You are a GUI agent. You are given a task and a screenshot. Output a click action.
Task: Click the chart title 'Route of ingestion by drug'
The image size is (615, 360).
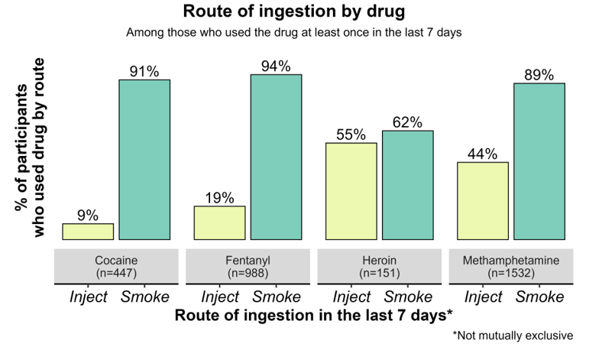tap(294, 12)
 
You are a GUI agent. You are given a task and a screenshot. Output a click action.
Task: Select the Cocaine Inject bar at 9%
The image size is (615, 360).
tap(88, 232)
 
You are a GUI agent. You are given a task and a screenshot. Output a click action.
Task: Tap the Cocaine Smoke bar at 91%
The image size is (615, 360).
tap(144, 160)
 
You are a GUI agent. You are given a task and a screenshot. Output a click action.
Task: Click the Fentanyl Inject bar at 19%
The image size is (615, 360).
tap(220, 222)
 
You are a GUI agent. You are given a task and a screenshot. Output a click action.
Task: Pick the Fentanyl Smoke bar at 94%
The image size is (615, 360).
tap(277, 157)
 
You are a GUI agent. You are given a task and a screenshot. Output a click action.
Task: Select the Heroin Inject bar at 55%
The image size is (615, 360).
tap(351, 191)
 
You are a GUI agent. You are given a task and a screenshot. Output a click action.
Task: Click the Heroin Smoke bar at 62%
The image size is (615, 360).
tap(408, 185)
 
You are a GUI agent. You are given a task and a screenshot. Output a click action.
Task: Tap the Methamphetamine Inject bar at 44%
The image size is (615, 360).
tap(483, 200)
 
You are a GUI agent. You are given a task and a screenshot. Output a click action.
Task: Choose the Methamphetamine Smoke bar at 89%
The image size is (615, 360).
tap(539, 161)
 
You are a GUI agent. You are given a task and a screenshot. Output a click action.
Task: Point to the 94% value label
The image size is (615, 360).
tap(276, 66)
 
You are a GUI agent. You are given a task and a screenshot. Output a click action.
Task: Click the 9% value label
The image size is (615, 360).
tap(88, 216)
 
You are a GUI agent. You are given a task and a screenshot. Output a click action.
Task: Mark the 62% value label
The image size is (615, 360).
tap(407, 122)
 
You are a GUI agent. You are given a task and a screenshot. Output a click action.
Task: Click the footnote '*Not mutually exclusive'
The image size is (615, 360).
tap(513, 336)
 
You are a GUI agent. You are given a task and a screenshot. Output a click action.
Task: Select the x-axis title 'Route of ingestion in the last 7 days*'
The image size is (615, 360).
tap(314, 315)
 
